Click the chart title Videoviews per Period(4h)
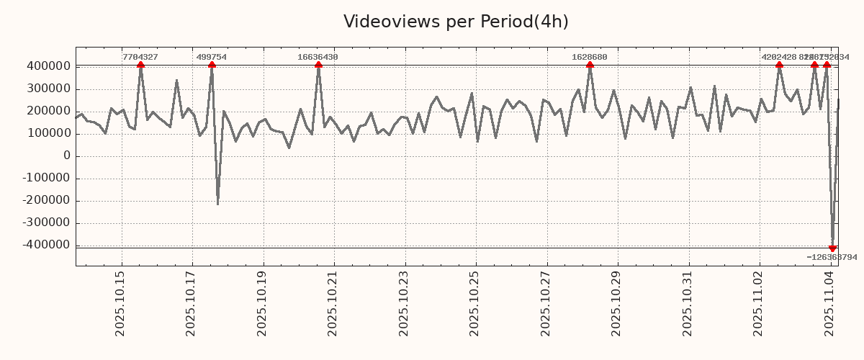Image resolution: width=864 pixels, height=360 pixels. click(456, 22)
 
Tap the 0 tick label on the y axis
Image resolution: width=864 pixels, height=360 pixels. click(67, 156)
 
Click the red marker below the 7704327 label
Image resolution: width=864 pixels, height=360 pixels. click(140, 66)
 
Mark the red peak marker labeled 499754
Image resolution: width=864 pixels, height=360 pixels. click(212, 66)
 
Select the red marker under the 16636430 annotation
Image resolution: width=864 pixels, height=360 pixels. click(318, 66)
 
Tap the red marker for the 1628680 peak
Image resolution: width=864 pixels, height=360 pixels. click(590, 66)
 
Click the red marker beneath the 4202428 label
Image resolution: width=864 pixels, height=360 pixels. click(779, 66)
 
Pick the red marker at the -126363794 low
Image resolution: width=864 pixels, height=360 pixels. click(832, 248)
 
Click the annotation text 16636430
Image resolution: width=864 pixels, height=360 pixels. click(318, 57)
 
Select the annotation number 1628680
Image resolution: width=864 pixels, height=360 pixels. click(590, 57)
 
